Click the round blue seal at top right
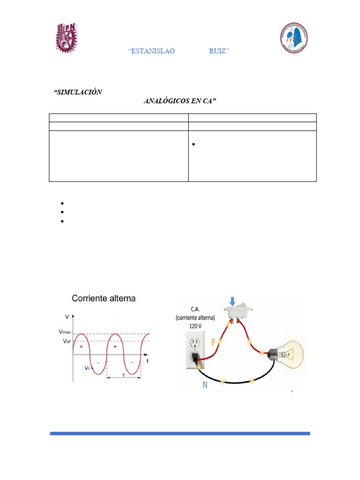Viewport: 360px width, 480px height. (x=294, y=38)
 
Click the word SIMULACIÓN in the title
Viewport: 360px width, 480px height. (x=78, y=92)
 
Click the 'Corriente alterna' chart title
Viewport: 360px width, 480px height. (x=104, y=298)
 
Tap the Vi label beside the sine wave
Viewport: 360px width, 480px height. (x=88, y=368)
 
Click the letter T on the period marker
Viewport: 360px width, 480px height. (x=123, y=375)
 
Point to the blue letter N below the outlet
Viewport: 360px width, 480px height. (x=205, y=385)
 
